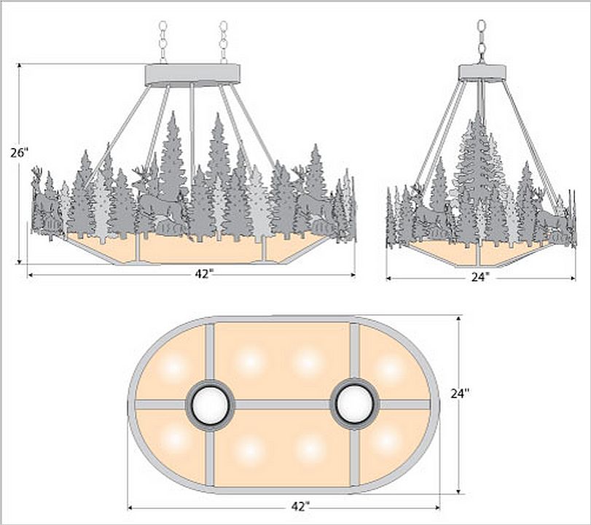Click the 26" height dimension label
tap(20, 153)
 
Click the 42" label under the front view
tap(204, 274)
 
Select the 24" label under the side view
tap(480, 277)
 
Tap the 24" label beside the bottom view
tap(461, 393)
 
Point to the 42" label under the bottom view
tap(300, 507)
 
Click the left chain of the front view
tap(163, 42)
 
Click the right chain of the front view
tap(224, 42)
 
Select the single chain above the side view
tap(482, 41)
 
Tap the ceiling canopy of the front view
tap(192, 75)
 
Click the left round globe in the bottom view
tap(210, 405)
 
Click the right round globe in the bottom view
tap(354, 402)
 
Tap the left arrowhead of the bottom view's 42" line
tap(131, 508)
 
